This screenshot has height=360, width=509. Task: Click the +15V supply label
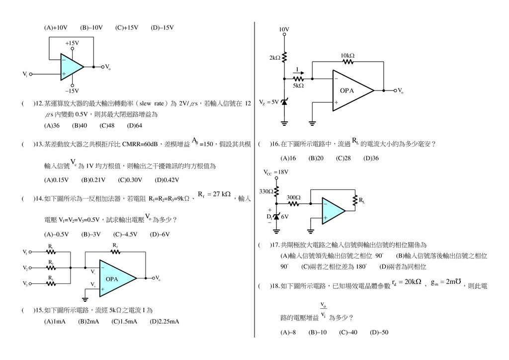[x=72, y=43]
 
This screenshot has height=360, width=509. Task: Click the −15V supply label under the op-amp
[x=72, y=90]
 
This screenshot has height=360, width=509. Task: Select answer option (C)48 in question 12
[x=107, y=126]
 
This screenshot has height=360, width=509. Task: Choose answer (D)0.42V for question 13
[x=167, y=180]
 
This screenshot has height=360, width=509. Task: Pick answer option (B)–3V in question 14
[x=91, y=234]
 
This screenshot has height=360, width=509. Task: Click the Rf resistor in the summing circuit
[x=115, y=252]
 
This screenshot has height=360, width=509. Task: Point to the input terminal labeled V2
[x=26, y=268]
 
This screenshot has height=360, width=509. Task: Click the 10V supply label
[x=284, y=30]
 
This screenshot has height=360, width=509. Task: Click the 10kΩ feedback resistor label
[x=347, y=55]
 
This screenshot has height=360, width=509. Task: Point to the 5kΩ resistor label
[x=298, y=86]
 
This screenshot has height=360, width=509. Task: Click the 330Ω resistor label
[x=266, y=191]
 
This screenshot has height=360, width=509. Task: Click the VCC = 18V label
[x=276, y=172]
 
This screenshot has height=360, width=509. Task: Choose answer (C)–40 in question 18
[x=348, y=332]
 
